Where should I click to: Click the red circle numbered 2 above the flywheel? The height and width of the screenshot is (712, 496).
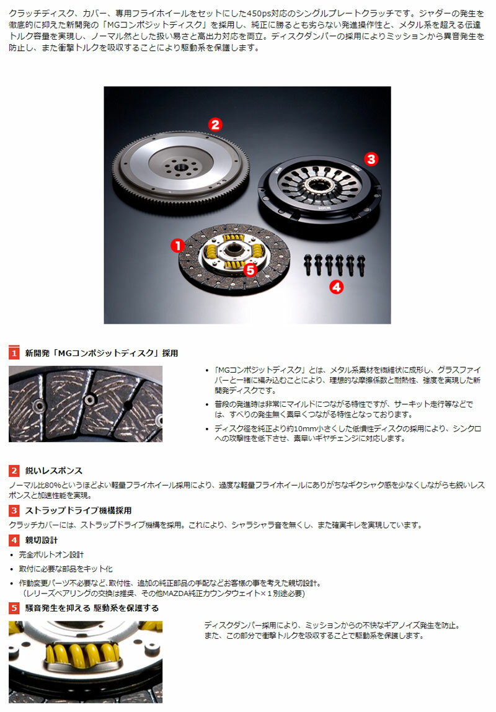(215, 125)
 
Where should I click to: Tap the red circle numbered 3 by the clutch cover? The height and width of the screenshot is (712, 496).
(371, 159)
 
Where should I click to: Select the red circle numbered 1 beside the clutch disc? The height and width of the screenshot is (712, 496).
(177, 246)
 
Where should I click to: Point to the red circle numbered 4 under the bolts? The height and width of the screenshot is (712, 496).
(336, 287)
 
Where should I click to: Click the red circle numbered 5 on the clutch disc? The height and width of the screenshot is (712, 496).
(250, 270)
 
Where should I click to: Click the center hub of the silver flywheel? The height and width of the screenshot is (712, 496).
(180, 167)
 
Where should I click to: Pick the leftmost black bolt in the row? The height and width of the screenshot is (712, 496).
(308, 264)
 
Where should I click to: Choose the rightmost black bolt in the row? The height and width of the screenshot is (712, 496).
(361, 265)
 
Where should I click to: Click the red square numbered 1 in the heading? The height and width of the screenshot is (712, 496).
(14, 353)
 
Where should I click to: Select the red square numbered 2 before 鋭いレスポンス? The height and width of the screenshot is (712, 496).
(14, 470)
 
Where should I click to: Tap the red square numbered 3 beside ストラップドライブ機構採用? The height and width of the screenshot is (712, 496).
(14, 510)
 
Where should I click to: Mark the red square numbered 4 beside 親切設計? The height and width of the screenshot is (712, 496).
(14, 540)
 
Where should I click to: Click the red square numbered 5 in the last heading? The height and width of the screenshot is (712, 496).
(14, 608)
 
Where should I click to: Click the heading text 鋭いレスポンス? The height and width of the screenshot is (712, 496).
(53, 471)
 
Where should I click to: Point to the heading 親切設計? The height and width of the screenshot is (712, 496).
(42, 540)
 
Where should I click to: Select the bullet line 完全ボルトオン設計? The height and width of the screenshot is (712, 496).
(51, 554)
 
